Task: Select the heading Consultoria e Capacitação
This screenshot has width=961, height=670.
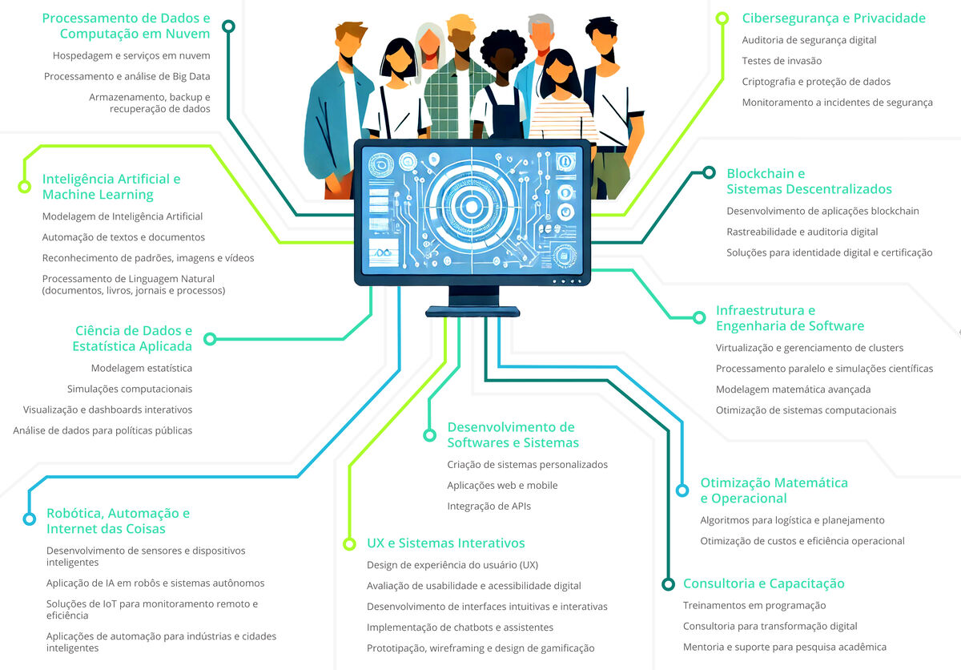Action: click(x=763, y=583)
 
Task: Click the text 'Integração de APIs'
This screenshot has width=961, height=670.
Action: click(x=489, y=507)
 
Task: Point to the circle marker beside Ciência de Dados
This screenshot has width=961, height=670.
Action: click(x=210, y=339)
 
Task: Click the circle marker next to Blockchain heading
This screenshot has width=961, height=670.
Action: click(x=709, y=172)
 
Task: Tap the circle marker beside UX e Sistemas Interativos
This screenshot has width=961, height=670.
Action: click(x=349, y=544)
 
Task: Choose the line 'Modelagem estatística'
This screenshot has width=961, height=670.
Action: click(x=142, y=369)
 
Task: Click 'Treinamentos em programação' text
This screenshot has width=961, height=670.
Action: click(x=754, y=606)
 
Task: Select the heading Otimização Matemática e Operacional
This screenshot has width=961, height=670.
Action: click(x=774, y=490)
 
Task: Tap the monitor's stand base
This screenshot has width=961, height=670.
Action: click(x=472, y=311)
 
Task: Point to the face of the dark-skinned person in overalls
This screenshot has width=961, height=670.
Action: click(x=501, y=61)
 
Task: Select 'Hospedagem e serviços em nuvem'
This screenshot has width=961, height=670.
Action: click(x=131, y=56)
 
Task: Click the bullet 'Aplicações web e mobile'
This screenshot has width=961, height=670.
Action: click(x=502, y=486)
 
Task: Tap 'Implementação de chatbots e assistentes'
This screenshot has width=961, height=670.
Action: click(x=460, y=628)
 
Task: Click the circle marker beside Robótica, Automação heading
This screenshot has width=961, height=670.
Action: click(x=30, y=519)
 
